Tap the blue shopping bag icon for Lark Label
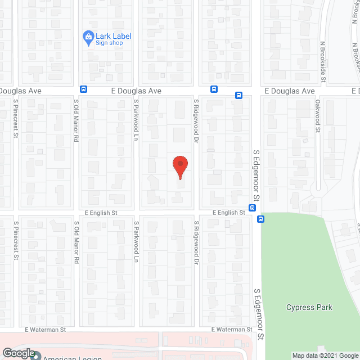tap(88, 38)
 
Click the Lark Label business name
tap(114, 36)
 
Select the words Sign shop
tap(109, 43)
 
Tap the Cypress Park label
tap(309, 308)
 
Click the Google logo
tap(18, 353)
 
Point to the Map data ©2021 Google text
tap(325, 355)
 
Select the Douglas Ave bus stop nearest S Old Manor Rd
tap(83, 89)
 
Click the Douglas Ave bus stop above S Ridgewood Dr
tap(214, 89)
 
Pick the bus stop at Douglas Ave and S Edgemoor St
tap(238, 95)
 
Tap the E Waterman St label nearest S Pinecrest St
tap(45, 330)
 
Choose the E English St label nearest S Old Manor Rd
tap(101, 213)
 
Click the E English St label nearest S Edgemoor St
tap(228, 213)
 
